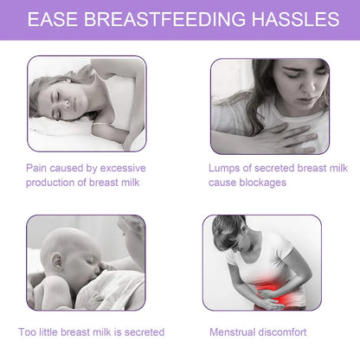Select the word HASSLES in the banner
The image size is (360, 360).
pyautogui.click(x=292, y=18)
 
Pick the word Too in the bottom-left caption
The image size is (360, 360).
pyautogui.click(x=28, y=331)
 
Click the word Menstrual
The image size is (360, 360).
pyautogui.click(x=234, y=331)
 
